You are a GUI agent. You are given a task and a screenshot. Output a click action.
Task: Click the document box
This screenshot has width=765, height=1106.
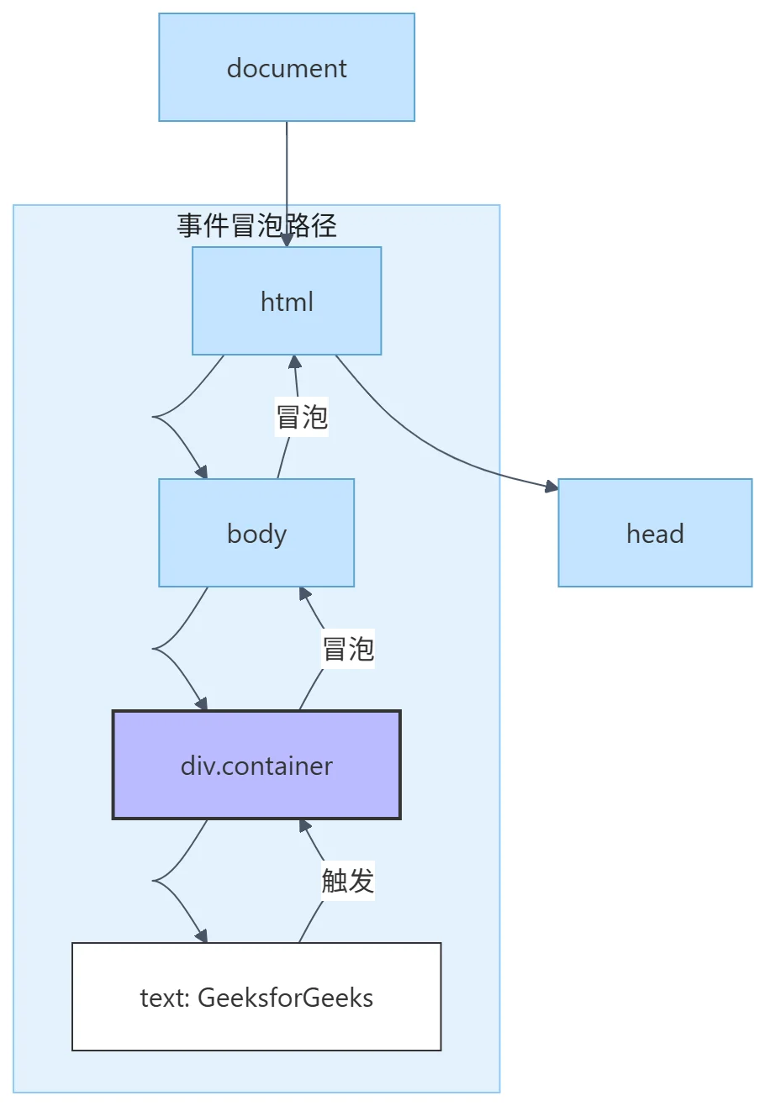[x=287, y=67]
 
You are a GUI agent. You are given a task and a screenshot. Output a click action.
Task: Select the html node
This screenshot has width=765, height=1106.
[x=287, y=301]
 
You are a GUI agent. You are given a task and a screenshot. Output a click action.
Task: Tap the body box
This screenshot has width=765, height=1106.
[x=256, y=533]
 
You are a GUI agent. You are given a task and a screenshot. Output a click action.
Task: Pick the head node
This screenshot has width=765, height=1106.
[x=655, y=533]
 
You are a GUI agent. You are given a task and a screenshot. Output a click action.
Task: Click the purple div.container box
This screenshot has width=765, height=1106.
[x=256, y=765]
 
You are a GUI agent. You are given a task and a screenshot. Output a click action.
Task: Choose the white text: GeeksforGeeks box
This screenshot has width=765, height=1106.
[x=256, y=997]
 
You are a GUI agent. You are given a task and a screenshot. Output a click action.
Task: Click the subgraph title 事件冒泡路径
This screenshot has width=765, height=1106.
[x=256, y=225]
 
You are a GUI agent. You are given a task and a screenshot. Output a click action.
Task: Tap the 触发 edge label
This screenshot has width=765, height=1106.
[x=347, y=881]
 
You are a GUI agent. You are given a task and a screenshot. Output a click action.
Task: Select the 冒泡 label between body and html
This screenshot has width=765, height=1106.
[x=302, y=417]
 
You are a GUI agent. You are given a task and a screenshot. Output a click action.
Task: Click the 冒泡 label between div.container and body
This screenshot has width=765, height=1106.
[x=347, y=649]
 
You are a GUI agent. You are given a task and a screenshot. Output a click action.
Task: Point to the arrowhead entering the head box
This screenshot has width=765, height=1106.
[x=551, y=487]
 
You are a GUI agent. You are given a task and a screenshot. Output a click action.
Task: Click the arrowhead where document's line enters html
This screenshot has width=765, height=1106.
[x=287, y=240]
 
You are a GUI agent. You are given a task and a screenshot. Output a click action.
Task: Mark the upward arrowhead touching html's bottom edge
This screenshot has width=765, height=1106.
[x=294, y=361]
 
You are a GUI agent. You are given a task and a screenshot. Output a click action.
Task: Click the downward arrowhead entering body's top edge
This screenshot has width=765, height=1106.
[x=202, y=472]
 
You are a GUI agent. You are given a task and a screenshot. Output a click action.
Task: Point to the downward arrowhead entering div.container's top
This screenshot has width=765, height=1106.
[x=202, y=704]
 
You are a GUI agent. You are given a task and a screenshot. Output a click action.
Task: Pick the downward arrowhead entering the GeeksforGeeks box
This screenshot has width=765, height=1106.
[x=202, y=936]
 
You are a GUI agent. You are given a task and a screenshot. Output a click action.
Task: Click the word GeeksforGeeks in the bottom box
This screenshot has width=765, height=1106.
[x=285, y=998]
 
